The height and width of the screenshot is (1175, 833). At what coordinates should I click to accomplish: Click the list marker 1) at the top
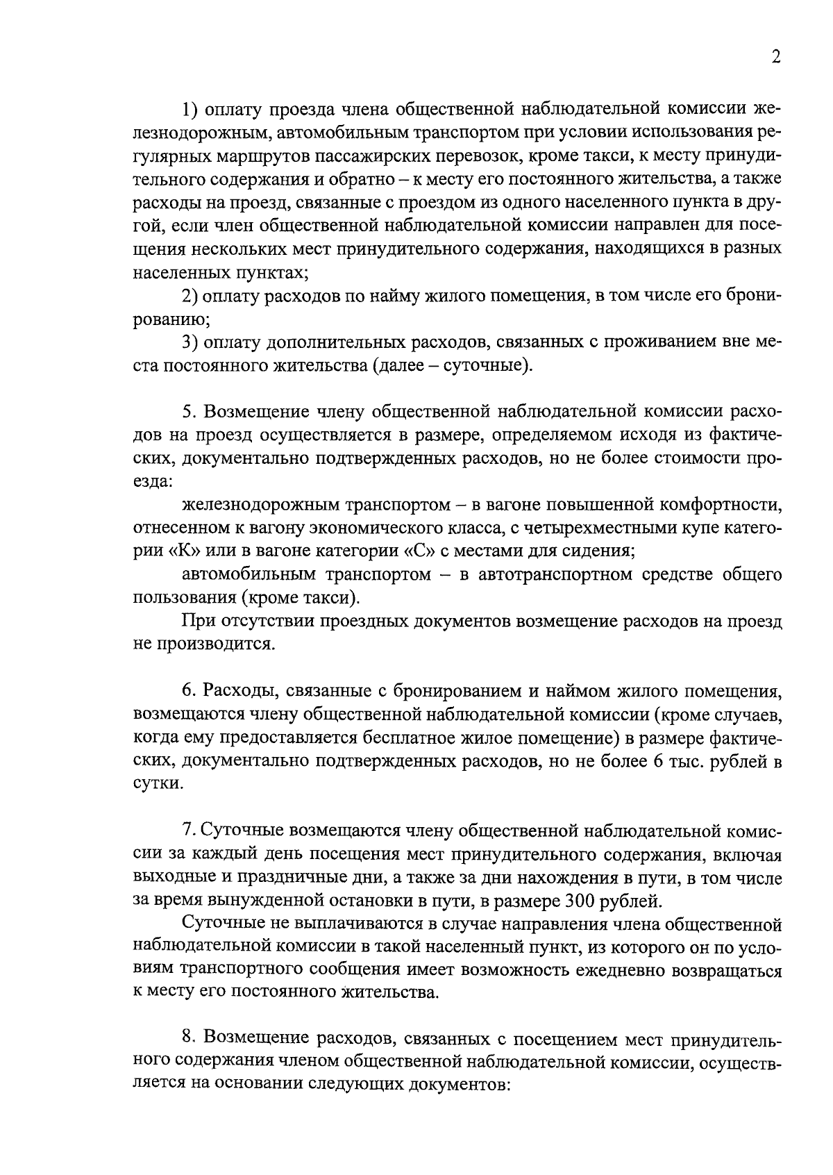[x=190, y=109]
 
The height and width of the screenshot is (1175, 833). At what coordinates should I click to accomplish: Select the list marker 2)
[x=190, y=296]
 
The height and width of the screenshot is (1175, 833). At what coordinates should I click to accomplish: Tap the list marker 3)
[x=190, y=342]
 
